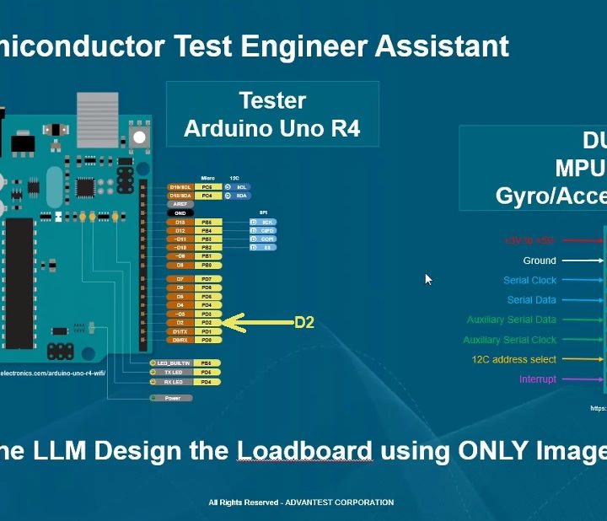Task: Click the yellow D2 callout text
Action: coord(303,322)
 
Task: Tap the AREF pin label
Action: coord(157,204)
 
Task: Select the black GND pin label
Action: coord(157,212)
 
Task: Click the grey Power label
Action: coord(172,398)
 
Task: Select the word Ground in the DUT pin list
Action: coord(540,260)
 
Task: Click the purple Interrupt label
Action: coord(538,379)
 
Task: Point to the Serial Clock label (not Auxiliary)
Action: coord(530,281)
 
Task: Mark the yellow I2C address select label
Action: coord(514,360)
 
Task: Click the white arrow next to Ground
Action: coord(581,260)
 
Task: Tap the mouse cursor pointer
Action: coord(428,279)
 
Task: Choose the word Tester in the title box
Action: coord(272,101)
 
